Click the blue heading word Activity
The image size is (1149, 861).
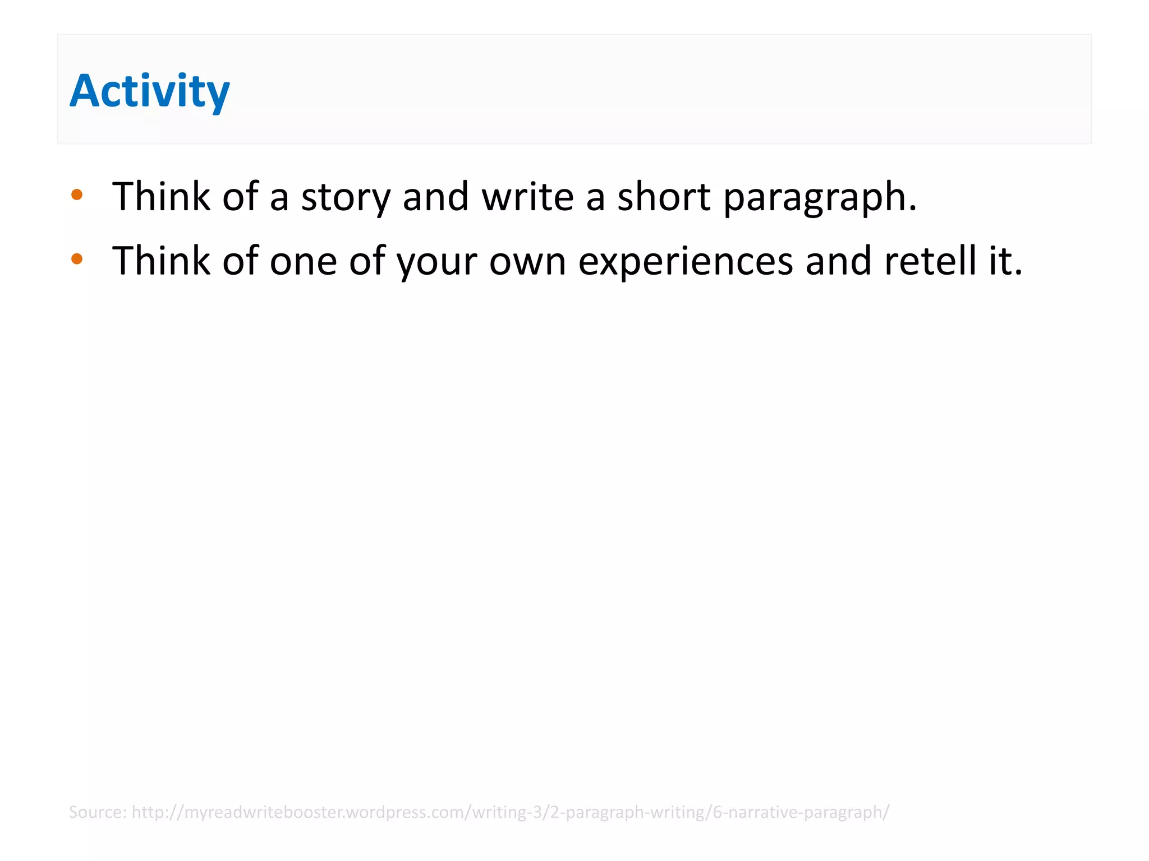pos(149,91)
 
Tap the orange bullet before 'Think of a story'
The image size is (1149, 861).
pos(77,195)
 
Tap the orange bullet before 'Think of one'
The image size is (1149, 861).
pos(77,259)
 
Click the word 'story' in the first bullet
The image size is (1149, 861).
pos(346,197)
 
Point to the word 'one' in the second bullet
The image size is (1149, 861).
pos(303,261)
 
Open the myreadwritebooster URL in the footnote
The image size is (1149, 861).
pos(510,812)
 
